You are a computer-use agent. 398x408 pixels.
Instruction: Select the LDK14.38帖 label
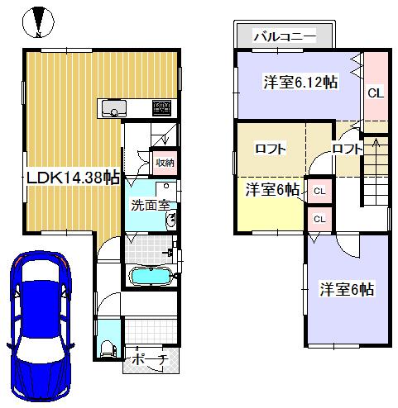coord(72,178)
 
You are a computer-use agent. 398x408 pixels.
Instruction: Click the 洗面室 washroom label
coord(150,205)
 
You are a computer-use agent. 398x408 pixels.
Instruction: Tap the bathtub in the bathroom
coord(150,276)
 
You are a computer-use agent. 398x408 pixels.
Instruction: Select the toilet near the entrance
coord(106,348)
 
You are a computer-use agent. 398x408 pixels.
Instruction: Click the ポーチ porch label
coord(151,360)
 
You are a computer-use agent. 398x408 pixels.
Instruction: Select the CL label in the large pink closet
coord(375,93)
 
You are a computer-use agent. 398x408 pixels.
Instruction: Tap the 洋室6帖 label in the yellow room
coord(272,190)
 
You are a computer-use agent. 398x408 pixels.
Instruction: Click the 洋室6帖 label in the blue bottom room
coord(347,290)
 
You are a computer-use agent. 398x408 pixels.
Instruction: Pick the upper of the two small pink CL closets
coord(319,191)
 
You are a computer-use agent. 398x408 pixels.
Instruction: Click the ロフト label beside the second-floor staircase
coord(346,149)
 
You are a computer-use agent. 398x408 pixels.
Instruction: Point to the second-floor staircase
coord(376,169)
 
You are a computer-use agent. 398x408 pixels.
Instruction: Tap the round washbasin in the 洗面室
coord(170,219)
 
